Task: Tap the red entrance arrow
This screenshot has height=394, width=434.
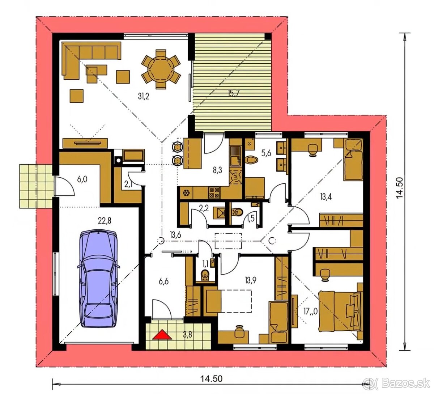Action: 162,335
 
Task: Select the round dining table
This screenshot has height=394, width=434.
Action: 161,69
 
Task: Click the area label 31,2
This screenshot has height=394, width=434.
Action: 144,96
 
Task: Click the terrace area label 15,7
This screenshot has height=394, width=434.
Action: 233,94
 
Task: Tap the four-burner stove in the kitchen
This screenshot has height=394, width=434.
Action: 214,193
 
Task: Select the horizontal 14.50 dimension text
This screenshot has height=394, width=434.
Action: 211,379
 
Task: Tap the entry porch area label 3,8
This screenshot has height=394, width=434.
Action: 187,335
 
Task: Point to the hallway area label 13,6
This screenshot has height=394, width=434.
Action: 175,235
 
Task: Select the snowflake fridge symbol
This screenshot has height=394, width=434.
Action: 186,193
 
